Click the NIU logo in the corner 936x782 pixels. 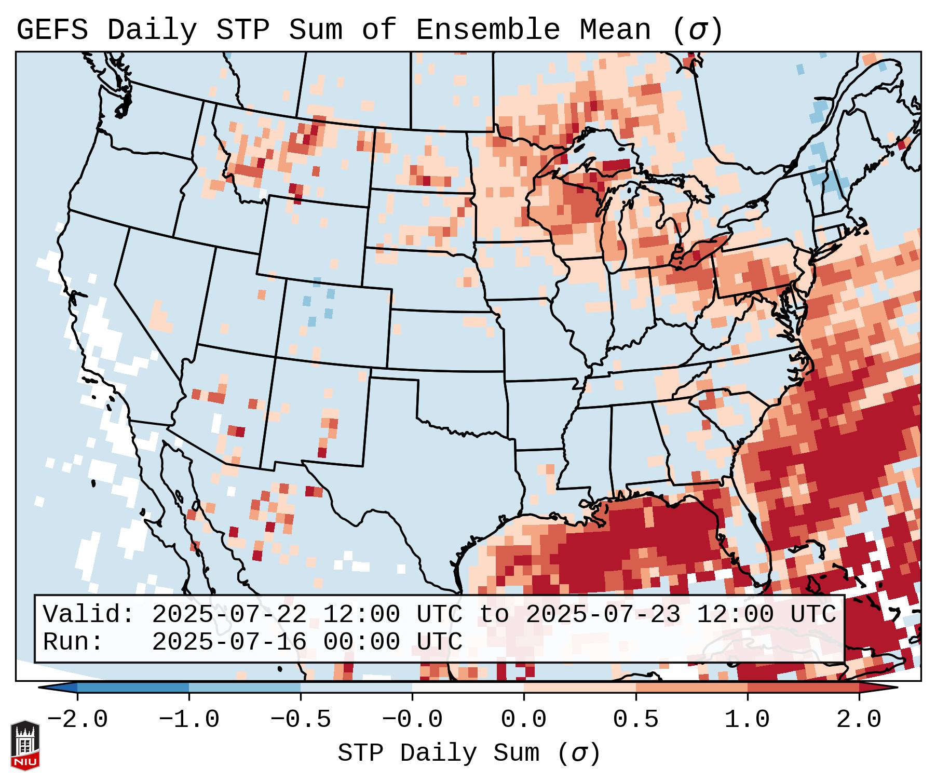pyautogui.click(x=25, y=745)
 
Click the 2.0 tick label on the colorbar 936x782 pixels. pyautogui.click(x=859, y=720)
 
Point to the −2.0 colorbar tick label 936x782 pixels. pyautogui.click(x=77, y=720)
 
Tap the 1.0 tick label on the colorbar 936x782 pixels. pyautogui.click(x=747, y=720)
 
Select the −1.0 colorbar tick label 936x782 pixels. pyautogui.click(x=189, y=720)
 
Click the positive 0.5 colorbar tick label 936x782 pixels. pyautogui.click(x=635, y=720)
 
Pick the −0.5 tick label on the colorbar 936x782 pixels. pyautogui.click(x=301, y=720)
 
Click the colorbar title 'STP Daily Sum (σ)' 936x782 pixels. pyautogui.click(x=469, y=753)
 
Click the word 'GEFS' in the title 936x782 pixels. pyautogui.click(x=52, y=30)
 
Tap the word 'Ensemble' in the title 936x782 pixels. pyautogui.click(x=487, y=30)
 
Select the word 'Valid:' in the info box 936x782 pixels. pyautogui.click(x=89, y=615)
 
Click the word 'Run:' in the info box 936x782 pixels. pyautogui.click(x=73, y=642)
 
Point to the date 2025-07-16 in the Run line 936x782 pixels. pyautogui.click(x=229, y=642)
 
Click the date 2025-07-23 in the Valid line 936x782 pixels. pyautogui.click(x=603, y=615)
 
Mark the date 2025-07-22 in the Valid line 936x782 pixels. pyautogui.click(x=229, y=615)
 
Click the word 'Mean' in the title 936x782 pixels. pyautogui.click(x=615, y=30)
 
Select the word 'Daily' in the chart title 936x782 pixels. pyautogui.click(x=152, y=30)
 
